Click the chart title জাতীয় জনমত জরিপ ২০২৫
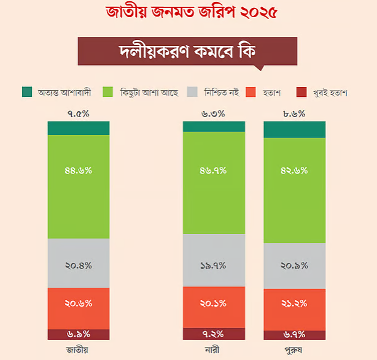[x=188, y=12]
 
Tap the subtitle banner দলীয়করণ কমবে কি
[x=187, y=51]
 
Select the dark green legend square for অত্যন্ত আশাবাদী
[x=27, y=92]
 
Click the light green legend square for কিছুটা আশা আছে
[x=108, y=92]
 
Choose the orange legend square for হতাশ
[x=251, y=92]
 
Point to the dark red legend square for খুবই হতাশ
[x=301, y=92]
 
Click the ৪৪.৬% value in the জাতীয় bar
[x=78, y=171]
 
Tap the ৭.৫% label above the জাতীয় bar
[x=78, y=113]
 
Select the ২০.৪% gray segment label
[x=78, y=266]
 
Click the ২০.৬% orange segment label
[x=78, y=302]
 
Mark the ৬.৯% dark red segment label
[x=78, y=334]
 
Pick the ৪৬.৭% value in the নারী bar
[x=213, y=171]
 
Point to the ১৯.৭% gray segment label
[x=213, y=266]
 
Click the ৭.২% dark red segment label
[x=213, y=334]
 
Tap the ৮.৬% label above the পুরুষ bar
[x=295, y=113]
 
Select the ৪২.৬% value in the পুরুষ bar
[x=295, y=171]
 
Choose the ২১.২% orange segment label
[x=295, y=302]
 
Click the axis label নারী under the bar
[x=213, y=350]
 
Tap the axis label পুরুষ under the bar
[x=295, y=350]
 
